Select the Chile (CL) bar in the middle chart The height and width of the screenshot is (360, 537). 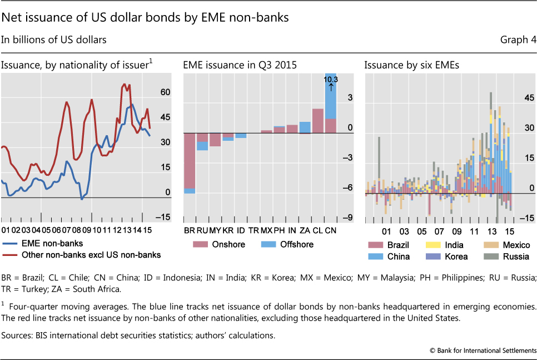click(317, 120)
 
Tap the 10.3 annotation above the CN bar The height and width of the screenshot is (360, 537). click(330, 80)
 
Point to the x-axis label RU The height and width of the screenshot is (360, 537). click(202, 229)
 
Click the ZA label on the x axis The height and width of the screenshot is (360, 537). click(305, 229)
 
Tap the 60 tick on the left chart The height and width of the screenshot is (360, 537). click(165, 92)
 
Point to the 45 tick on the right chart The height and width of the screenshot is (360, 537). click(526, 98)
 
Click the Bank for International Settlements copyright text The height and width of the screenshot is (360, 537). click(483, 349)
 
